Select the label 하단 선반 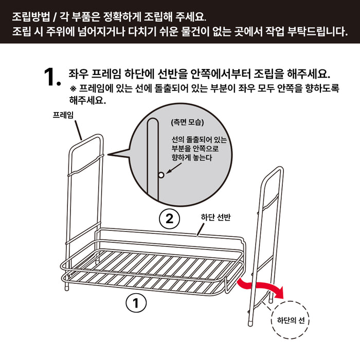(x=215, y=218)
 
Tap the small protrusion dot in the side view (x=161, y=175)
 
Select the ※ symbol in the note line (x=73, y=88)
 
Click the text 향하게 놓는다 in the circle (x=192, y=158)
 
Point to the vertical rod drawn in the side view (x=151, y=154)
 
